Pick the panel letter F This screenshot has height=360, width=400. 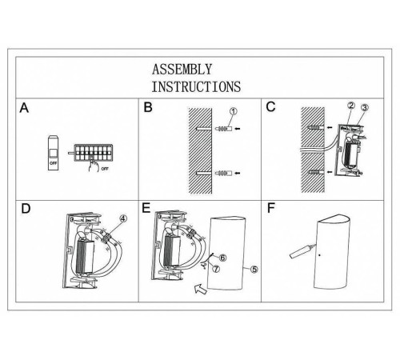tap(272, 210)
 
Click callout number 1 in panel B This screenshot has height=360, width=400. tap(233, 112)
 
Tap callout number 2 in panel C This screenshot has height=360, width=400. tap(350, 106)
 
